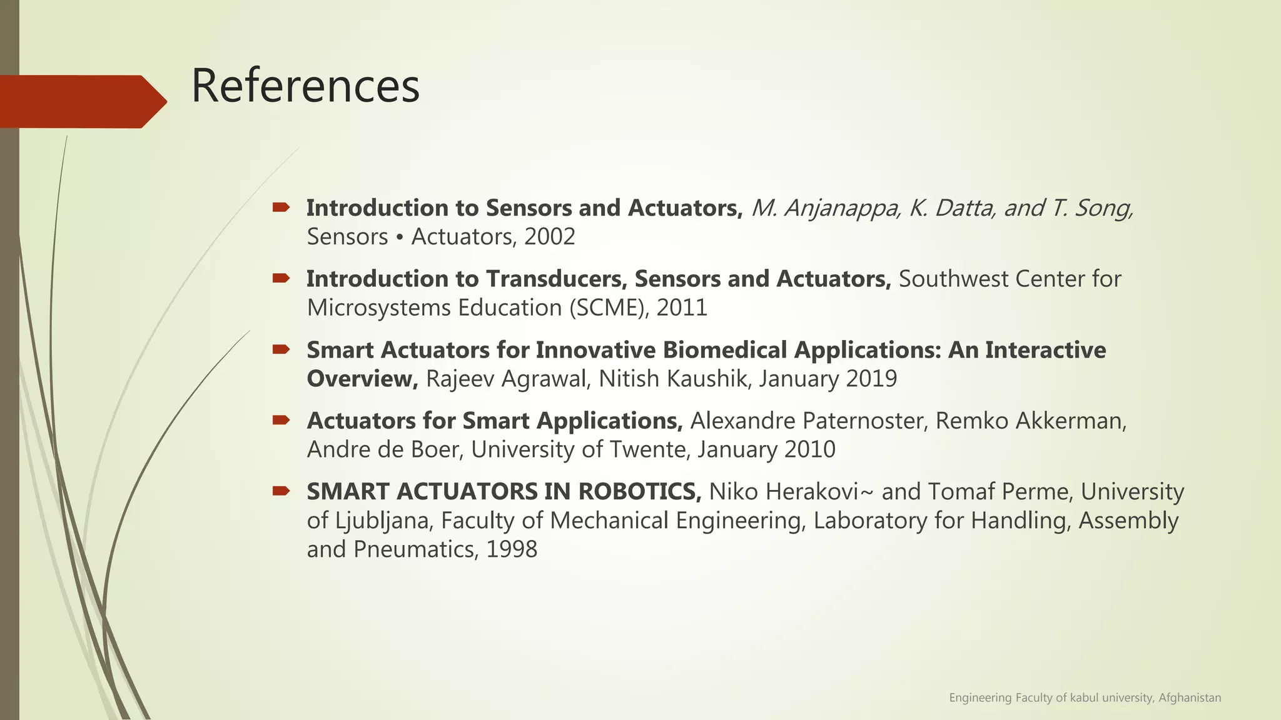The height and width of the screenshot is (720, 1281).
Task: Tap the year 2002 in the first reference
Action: tap(550, 237)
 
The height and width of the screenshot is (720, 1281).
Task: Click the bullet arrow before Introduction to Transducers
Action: tap(281, 278)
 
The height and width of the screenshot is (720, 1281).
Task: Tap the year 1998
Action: tap(512, 549)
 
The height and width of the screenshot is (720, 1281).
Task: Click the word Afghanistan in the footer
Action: tap(1189, 697)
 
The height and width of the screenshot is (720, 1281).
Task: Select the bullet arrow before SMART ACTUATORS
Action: tap(281, 491)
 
